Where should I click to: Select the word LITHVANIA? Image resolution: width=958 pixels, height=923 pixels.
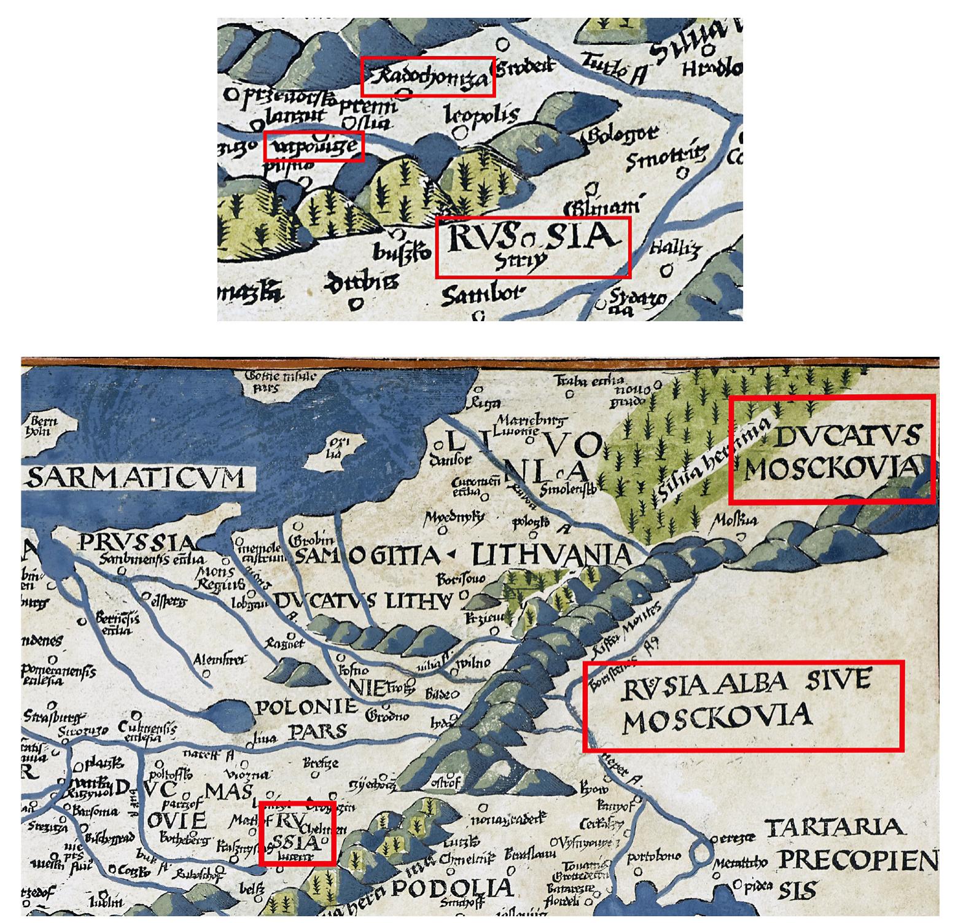[x=550, y=556]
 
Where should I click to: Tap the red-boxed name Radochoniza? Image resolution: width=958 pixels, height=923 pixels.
[x=428, y=78]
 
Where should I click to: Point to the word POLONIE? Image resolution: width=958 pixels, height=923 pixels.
[x=306, y=708]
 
